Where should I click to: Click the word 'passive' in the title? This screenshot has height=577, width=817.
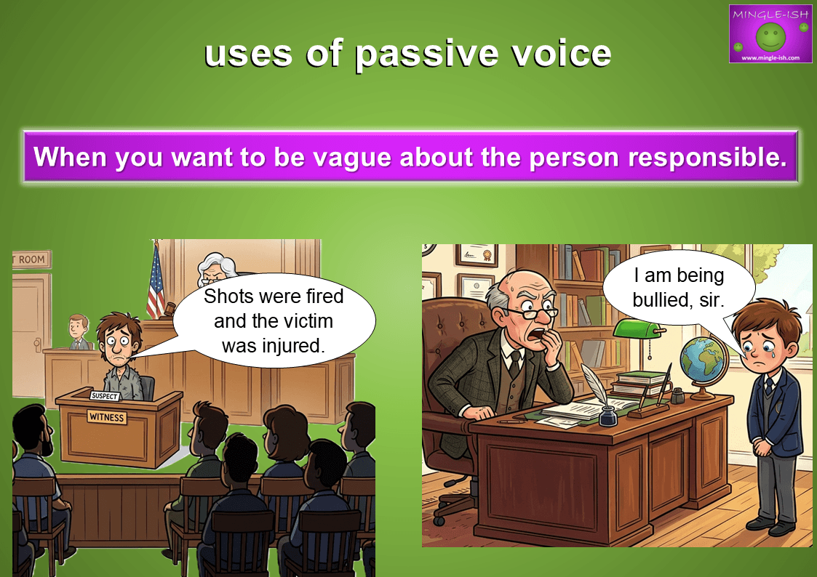426,55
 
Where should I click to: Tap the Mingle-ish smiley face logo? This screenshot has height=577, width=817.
770,36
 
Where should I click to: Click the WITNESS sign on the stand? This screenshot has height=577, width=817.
106,416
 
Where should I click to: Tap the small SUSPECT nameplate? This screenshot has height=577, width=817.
104,396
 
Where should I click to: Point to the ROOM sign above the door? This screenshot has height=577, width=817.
31,259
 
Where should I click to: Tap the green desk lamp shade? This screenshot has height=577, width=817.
636,328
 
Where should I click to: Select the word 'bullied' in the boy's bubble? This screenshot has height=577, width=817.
658,299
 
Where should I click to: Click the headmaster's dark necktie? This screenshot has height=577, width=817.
515,363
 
